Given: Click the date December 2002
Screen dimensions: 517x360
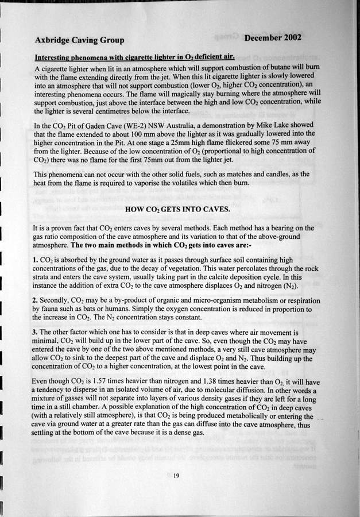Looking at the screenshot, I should [272, 38].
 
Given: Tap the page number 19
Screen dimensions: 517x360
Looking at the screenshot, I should [177, 475].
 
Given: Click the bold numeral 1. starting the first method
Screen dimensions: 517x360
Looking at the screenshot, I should [37, 261].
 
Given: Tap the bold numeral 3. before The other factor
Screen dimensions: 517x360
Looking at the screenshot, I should [37, 333].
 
